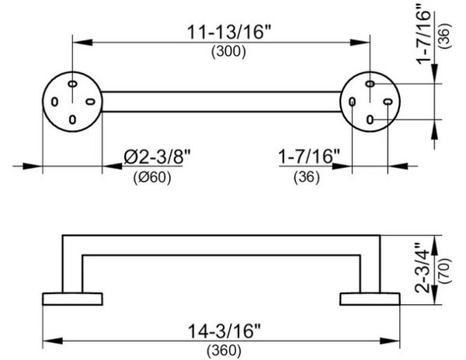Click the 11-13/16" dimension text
pyautogui.click(x=229, y=32)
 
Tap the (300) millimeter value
pyautogui.click(x=228, y=52)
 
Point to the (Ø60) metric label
pyautogui.click(x=152, y=178)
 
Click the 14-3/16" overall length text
pyautogui.click(x=224, y=331)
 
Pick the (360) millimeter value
pyautogui.click(x=224, y=351)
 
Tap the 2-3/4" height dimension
pyautogui.click(x=423, y=268)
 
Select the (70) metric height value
pyautogui.click(x=445, y=271)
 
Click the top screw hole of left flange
pyautogui.click(x=72, y=84)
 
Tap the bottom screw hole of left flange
pyautogui.click(x=72, y=119)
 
